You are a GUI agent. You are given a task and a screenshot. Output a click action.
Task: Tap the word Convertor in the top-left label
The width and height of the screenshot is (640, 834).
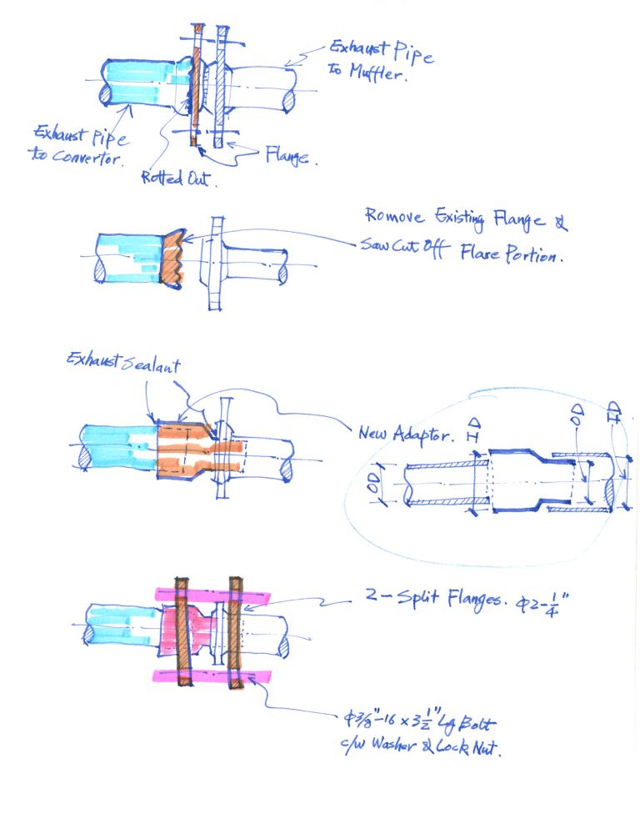coord(87,157)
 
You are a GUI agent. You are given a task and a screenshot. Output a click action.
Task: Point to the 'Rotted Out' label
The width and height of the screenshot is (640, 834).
coord(179,178)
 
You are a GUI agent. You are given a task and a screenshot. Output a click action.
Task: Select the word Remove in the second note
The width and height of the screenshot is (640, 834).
coord(394,216)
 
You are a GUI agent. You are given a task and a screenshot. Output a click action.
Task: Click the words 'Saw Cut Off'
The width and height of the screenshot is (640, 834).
coord(405,248)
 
